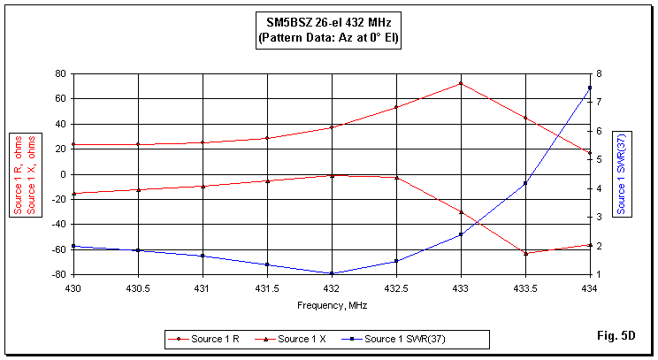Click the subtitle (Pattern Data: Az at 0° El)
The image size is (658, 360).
point(328,39)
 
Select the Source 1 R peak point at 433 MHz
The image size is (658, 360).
point(461,84)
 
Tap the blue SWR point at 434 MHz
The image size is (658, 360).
point(590,88)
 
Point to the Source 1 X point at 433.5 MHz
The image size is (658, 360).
point(525,253)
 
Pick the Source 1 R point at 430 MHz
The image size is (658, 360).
point(73,144)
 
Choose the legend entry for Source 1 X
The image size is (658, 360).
point(302,339)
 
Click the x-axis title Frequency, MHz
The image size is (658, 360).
point(332,305)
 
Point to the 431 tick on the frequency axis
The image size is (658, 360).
point(203,288)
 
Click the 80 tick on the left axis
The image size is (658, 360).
point(60,73)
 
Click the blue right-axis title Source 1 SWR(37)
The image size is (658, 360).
point(621,173)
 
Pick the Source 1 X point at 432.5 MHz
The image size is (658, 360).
point(396,178)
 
